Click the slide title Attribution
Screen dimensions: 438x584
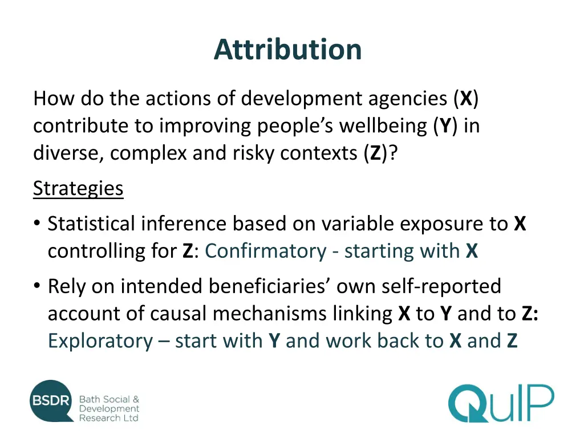(288, 49)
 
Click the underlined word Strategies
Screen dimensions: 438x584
(78, 188)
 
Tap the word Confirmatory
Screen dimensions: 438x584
(265, 251)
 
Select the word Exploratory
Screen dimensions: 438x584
(100, 340)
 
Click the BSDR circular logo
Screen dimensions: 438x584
(51, 401)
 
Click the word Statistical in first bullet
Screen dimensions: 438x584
(92, 224)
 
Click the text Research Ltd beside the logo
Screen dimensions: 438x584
(108, 418)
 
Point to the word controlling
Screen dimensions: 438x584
(92, 251)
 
